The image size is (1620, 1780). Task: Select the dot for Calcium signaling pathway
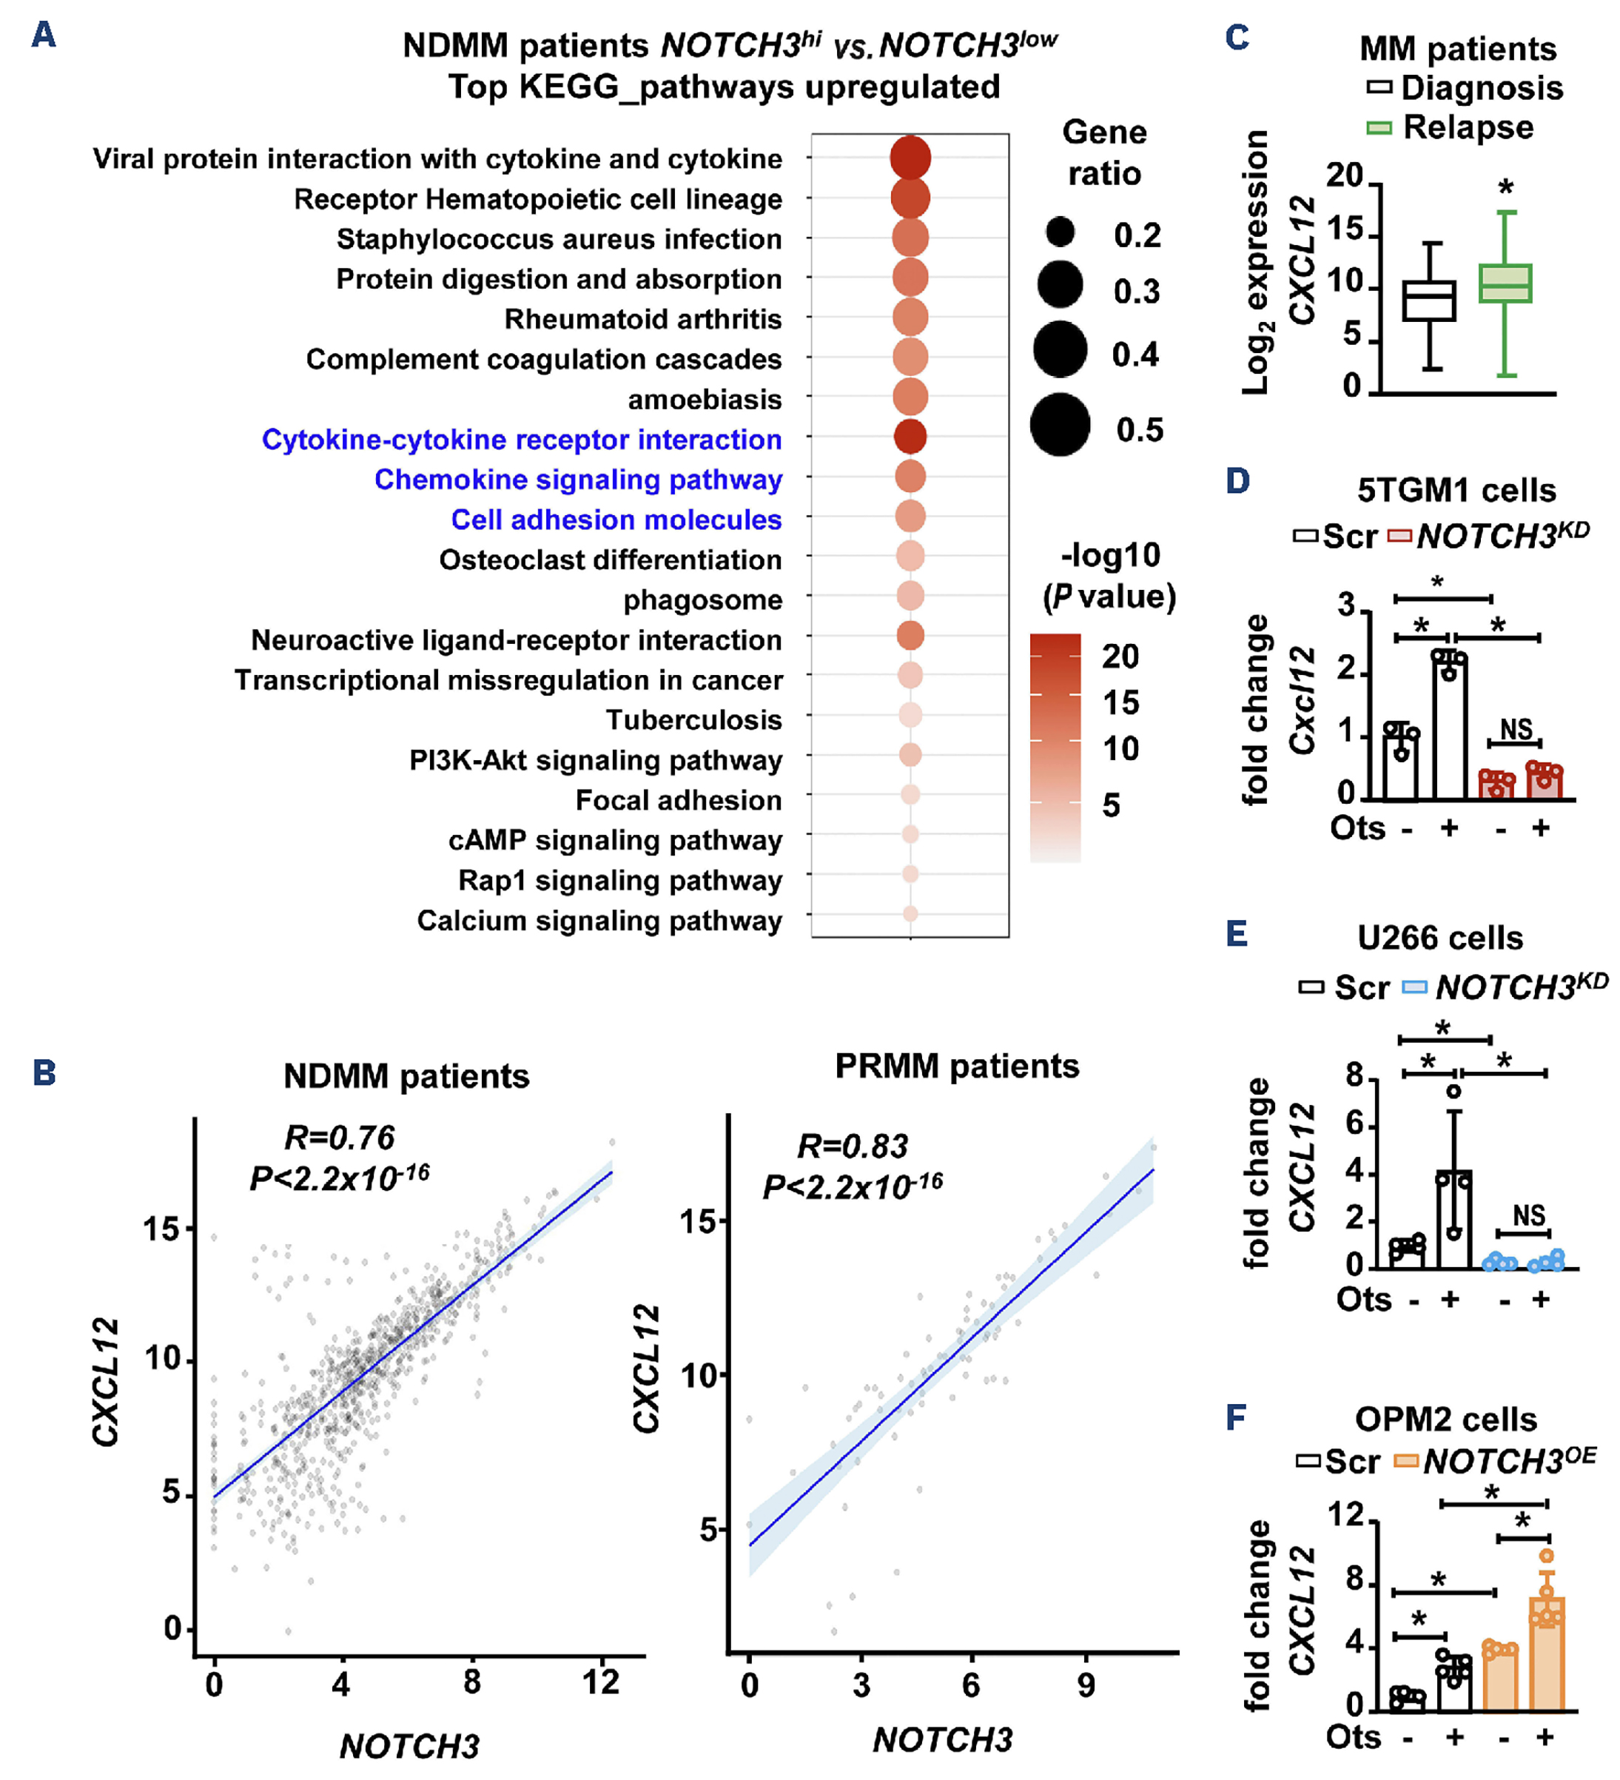910,914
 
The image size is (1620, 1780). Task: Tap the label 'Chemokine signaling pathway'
577,480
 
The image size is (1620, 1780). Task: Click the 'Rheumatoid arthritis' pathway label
642,319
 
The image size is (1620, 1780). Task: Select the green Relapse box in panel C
1505,283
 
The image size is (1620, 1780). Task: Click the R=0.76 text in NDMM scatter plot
339,1138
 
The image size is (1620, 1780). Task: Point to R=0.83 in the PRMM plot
852,1146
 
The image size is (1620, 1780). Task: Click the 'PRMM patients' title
957,1067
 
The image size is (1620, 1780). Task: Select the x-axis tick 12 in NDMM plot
600,1683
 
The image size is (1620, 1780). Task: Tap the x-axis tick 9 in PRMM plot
1086,1685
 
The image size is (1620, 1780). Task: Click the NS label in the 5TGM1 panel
1516,729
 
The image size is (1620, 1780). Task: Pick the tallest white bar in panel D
1449,728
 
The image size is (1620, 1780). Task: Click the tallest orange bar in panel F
1546,1656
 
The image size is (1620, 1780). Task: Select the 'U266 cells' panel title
1440,938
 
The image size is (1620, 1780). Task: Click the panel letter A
43,36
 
